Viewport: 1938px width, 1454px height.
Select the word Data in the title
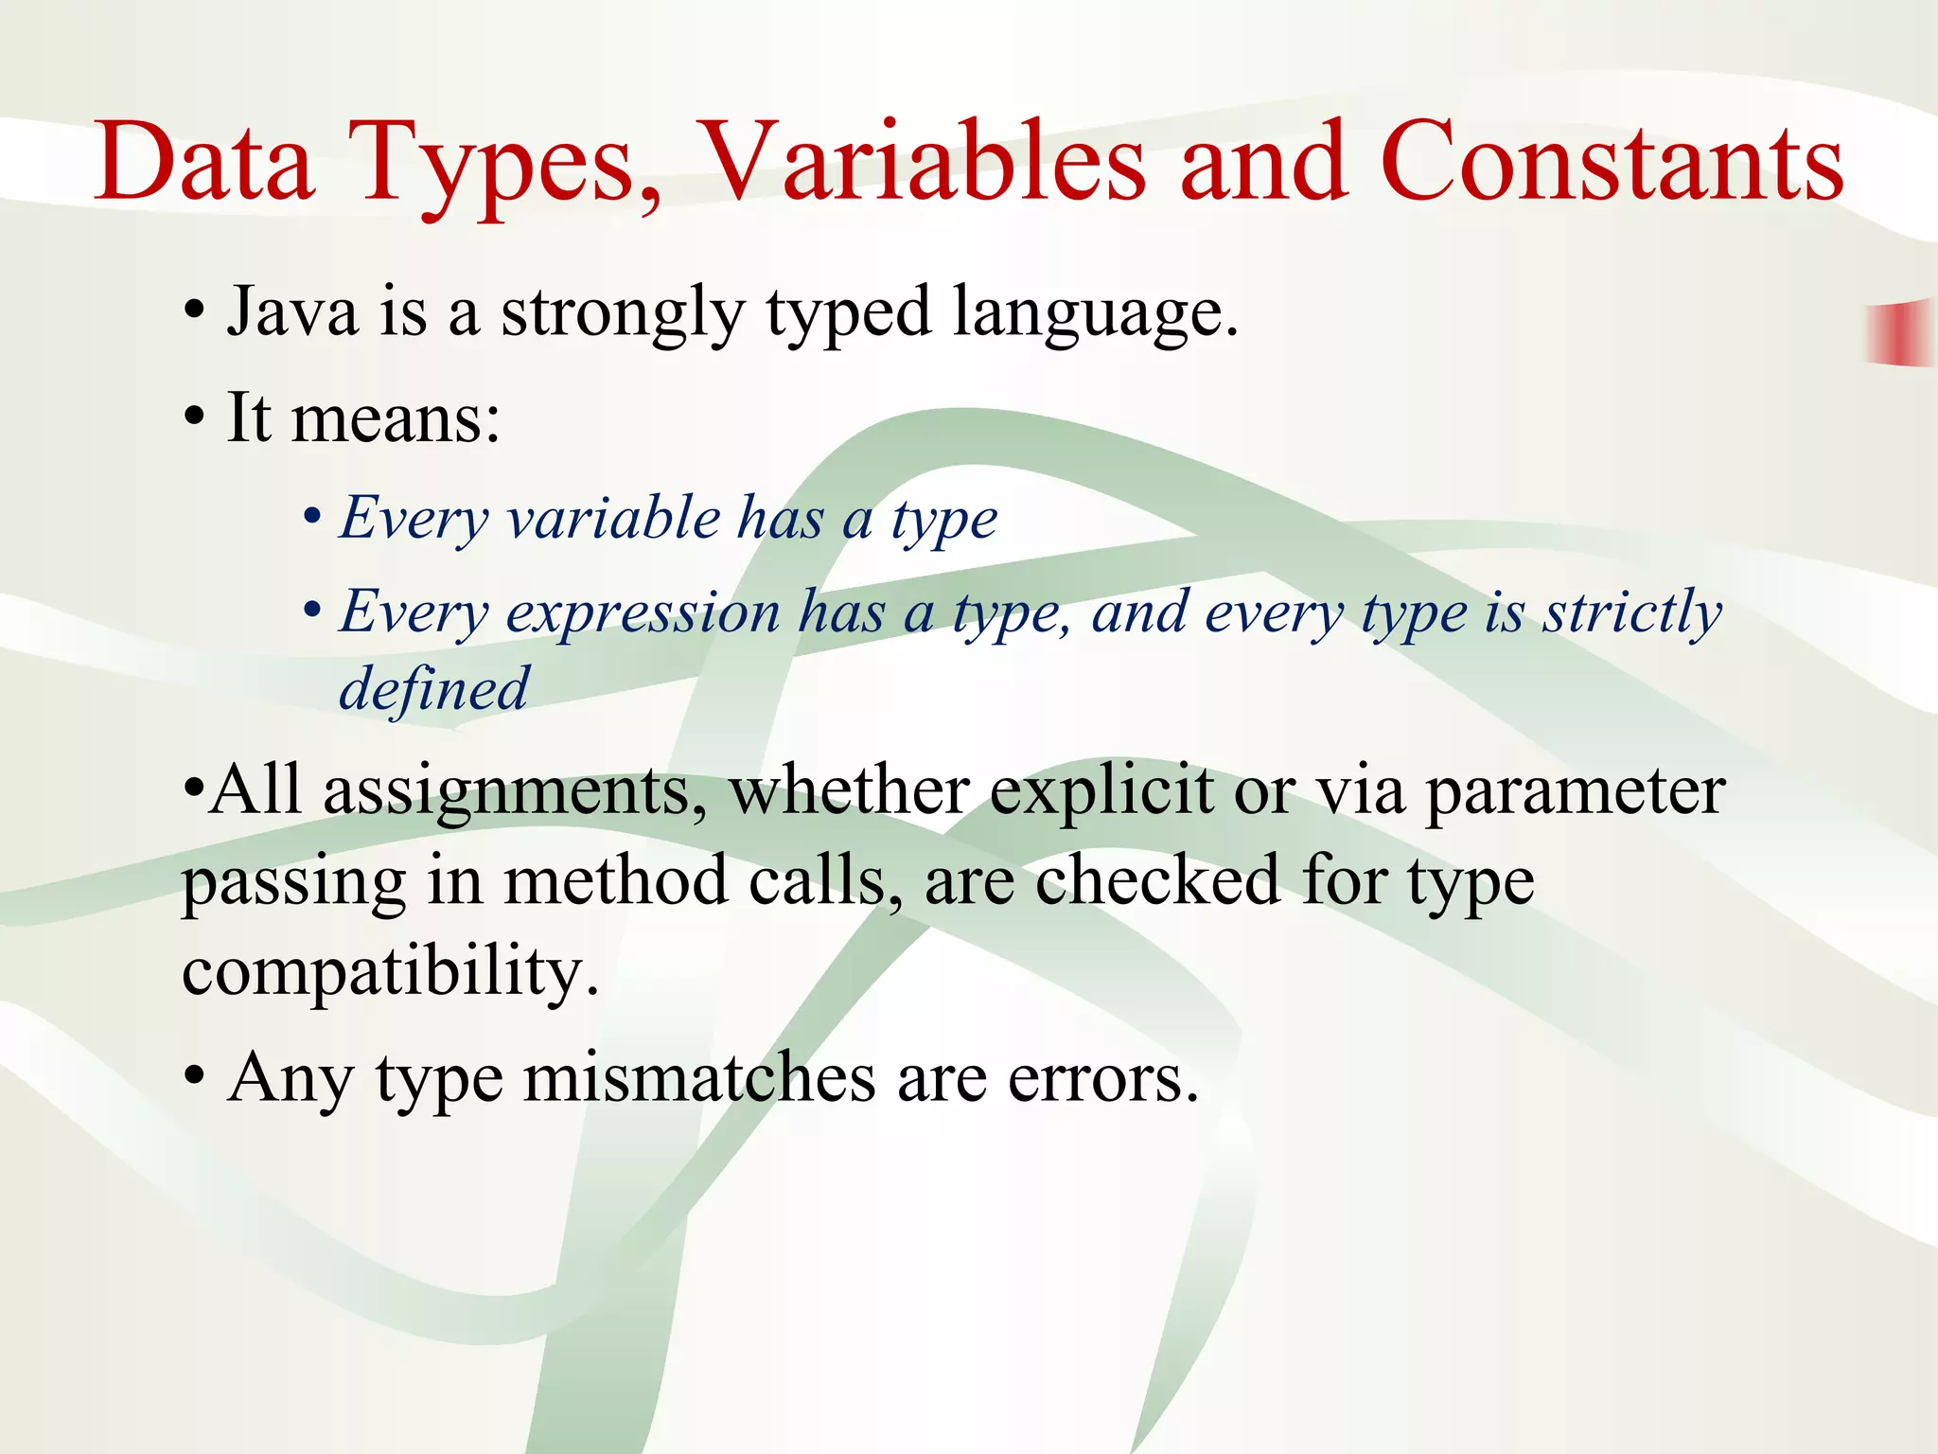tap(203, 163)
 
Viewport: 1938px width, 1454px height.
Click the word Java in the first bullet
tap(292, 312)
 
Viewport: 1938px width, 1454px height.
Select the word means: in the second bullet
tap(395, 418)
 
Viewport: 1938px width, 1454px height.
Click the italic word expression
tap(643, 612)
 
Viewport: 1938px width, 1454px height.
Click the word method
tap(615, 880)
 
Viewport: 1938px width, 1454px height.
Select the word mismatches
tap(698, 1079)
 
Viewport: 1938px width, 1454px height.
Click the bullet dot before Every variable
tap(312, 520)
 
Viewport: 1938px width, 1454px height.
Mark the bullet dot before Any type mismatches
tap(194, 1078)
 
